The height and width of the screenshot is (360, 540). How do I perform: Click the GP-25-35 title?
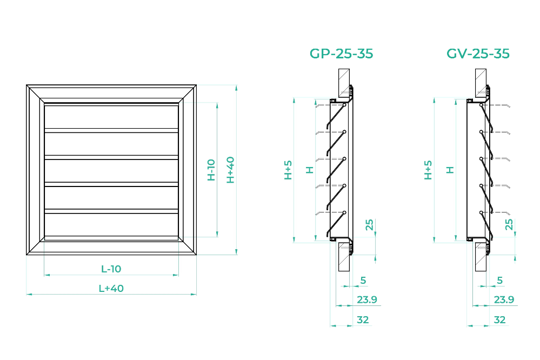point(341,54)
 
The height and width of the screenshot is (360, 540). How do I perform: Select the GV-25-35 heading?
point(478,54)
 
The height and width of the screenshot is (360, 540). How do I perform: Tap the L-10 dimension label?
point(111,269)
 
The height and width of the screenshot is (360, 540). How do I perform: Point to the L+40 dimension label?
point(111,288)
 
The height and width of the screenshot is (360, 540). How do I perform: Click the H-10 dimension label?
point(211,170)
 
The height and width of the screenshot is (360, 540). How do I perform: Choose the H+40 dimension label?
point(230,170)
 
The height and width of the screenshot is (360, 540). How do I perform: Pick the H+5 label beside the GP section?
point(288,170)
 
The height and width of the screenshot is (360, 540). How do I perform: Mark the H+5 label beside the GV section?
point(428,170)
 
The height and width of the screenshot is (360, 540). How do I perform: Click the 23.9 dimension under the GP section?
point(367,299)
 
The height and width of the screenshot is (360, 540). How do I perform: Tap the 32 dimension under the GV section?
point(499,320)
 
